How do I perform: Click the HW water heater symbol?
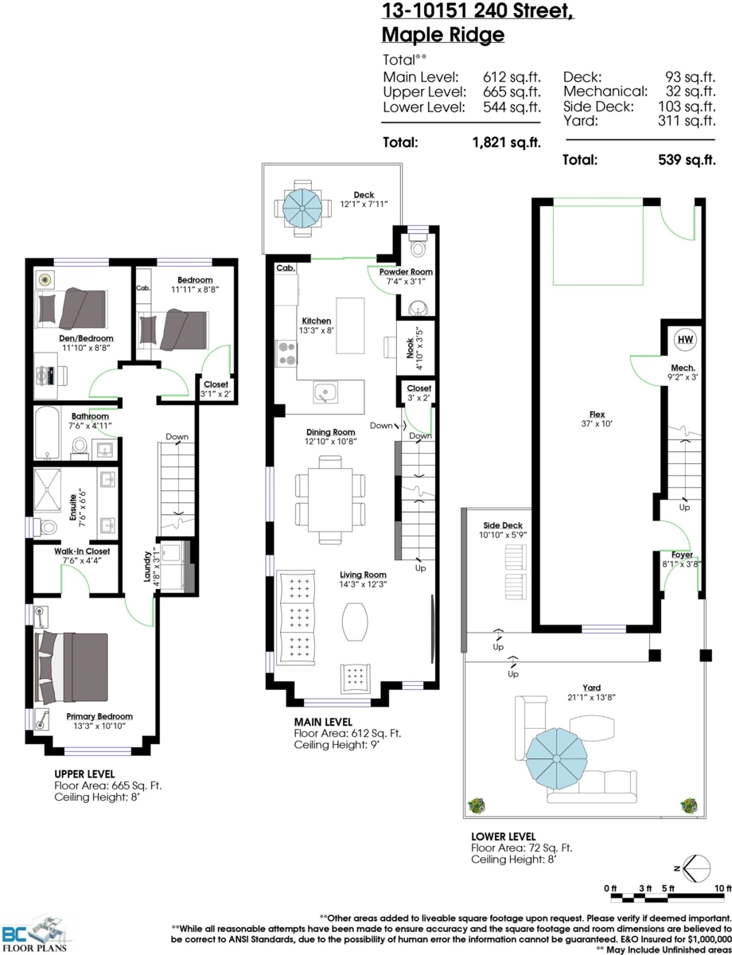pos(684,340)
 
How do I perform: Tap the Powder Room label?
pos(411,271)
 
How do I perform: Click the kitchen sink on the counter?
pos(325,391)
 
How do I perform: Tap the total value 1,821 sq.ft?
pos(505,143)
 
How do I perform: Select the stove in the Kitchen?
pos(286,352)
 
